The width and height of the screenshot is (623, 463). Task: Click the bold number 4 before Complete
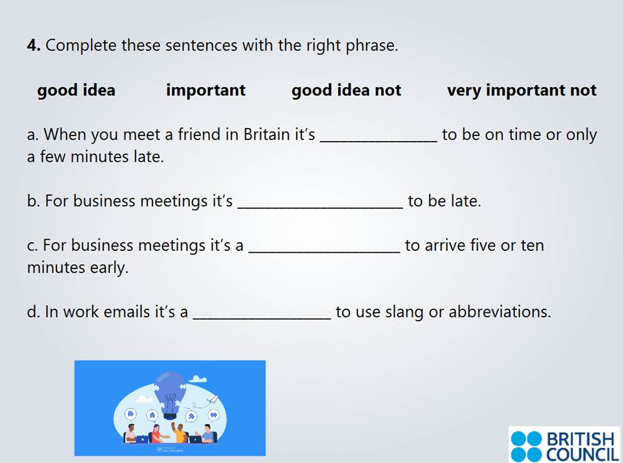(33, 46)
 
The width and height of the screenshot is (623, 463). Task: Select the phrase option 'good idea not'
(346, 90)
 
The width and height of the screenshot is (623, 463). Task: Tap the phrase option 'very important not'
(521, 90)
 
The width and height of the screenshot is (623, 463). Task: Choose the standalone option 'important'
(206, 90)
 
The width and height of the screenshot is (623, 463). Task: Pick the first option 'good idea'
(76, 90)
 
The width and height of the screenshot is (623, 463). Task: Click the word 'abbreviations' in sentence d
(499, 312)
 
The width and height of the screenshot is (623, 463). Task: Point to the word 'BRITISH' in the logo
(580, 439)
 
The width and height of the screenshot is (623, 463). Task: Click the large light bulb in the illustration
(170, 392)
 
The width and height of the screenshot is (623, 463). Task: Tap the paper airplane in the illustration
(213, 399)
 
